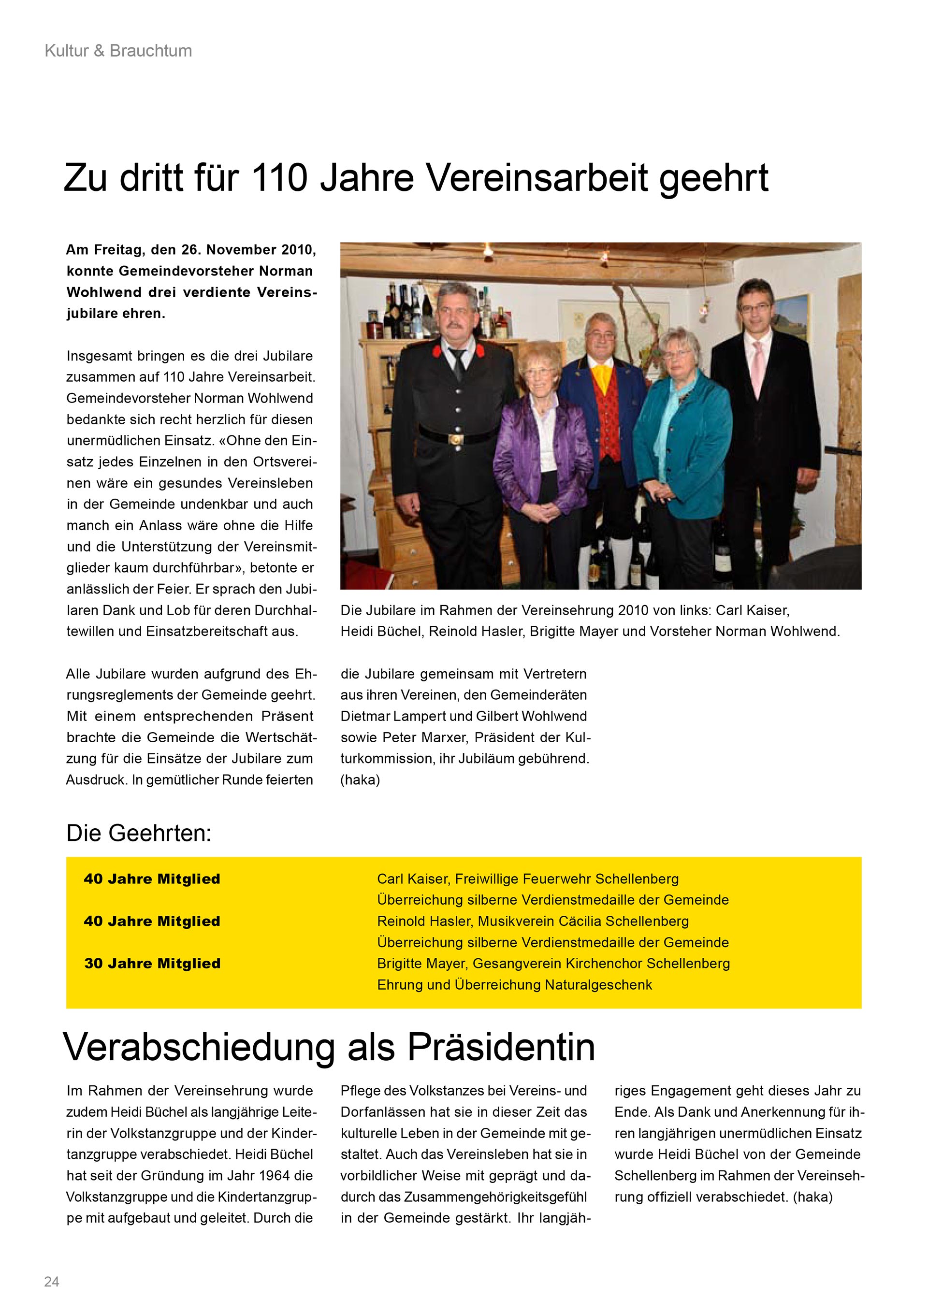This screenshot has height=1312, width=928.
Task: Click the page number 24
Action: pyautogui.click(x=51, y=1281)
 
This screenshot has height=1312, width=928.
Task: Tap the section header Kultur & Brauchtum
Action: pyautogui.click(x=118, y=51)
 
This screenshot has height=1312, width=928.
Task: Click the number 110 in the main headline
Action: pyautogui.click(x=279, y=178)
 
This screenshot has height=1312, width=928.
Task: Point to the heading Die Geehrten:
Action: pyautogui.click(x=139, y=833)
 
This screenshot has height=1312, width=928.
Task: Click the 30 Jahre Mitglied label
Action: pyautogui.click(x=152, y=964)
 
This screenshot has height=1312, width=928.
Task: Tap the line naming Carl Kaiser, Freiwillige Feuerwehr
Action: pyautogui.click(x=527, y=879)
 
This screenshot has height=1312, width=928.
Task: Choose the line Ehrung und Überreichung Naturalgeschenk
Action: pyautogui.click(x=514, y=984)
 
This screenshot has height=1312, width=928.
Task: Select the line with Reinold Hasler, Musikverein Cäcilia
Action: pyautogui.click(x=533, y=921)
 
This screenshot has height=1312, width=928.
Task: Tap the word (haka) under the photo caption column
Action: pyautogui.click(x=360, y=780)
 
